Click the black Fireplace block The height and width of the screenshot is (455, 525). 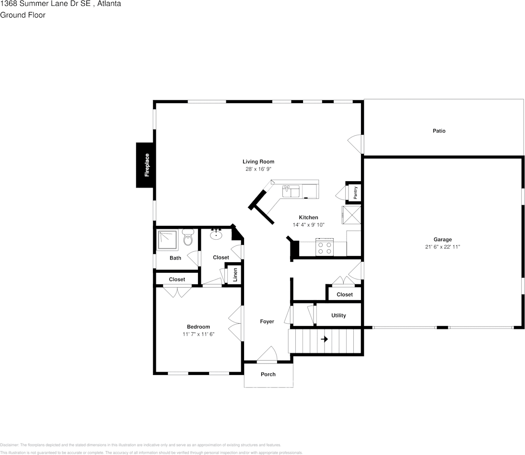(x=145, y=165)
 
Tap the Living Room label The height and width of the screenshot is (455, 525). (x=258, y=162)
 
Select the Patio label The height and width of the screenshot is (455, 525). (x=439, y=130)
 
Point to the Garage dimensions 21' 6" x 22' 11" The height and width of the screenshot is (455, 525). (x=443, y=247)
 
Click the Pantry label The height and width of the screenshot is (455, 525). (x=355, y=193)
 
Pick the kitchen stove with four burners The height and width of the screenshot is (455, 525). (x=324, y=247)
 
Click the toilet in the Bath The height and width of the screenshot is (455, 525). (x=188, y=238)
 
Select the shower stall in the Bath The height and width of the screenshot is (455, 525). (x=168, y=239)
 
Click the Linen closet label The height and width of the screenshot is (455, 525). (x=235, y=275)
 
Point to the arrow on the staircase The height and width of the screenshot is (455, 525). (x=324, y=339)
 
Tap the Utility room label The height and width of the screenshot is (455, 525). (x=338, y=315)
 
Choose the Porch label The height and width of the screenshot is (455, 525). (x=268, y=374)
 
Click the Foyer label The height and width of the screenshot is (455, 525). (x=267, y=321)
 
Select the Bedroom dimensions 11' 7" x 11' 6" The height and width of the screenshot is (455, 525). (x=198, y=334)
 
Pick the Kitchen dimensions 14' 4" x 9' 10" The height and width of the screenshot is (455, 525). (x=308, y=225)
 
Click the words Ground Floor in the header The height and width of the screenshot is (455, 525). (x=23, y=15)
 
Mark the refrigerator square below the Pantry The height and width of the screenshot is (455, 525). (x=351, y=215)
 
